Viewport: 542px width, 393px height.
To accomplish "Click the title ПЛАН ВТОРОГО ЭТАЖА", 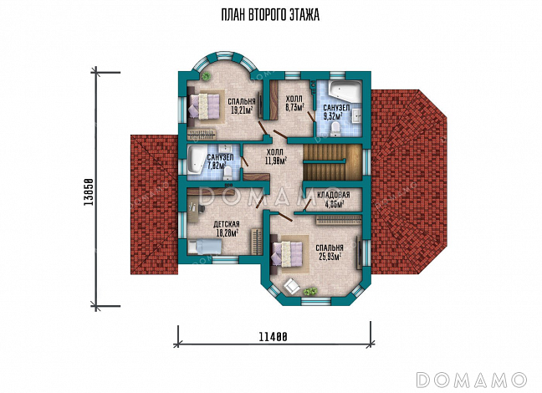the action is (x=270, y=15).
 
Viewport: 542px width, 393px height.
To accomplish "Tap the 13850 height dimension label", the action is (x=89, y=192).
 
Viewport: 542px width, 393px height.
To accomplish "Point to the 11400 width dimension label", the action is (x=273, y=337).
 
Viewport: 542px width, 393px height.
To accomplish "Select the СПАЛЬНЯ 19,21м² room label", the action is (x=242, y=105).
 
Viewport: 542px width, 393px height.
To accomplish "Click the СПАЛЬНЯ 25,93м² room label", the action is (x=330, y=252).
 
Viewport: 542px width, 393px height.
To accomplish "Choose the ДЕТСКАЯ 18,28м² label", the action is (x=227, y=229).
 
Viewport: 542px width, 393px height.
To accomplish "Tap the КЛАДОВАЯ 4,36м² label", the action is (x=334, y=200).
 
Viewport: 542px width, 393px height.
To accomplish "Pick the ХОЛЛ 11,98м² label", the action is (x=275, y=156).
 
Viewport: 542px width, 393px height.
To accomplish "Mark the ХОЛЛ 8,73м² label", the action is (x=294, y=103).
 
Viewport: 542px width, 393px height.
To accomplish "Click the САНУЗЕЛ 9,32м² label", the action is (x=336, y=112).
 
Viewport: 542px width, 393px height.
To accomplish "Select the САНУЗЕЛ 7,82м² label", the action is (x=220, y=161).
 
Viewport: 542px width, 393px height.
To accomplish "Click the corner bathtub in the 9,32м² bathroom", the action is (x=345, y=90).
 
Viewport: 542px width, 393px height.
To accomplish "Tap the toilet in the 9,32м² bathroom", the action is (x=335, y=130).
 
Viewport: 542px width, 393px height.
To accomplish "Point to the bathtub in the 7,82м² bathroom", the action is (x=197, y=161).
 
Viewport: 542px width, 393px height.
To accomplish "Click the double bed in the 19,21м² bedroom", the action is (x=204, y=105).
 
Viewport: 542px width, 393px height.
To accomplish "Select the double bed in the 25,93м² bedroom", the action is (x=288, y=253).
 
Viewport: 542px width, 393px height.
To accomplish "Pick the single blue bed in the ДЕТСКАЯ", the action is (x=204, y=248).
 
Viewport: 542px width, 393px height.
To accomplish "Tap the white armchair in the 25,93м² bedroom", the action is (x=291, y=287).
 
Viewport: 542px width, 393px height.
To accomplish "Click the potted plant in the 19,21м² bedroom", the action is (x=206, y=76).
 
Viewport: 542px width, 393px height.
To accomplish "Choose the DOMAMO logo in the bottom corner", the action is (x=471, y=380).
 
